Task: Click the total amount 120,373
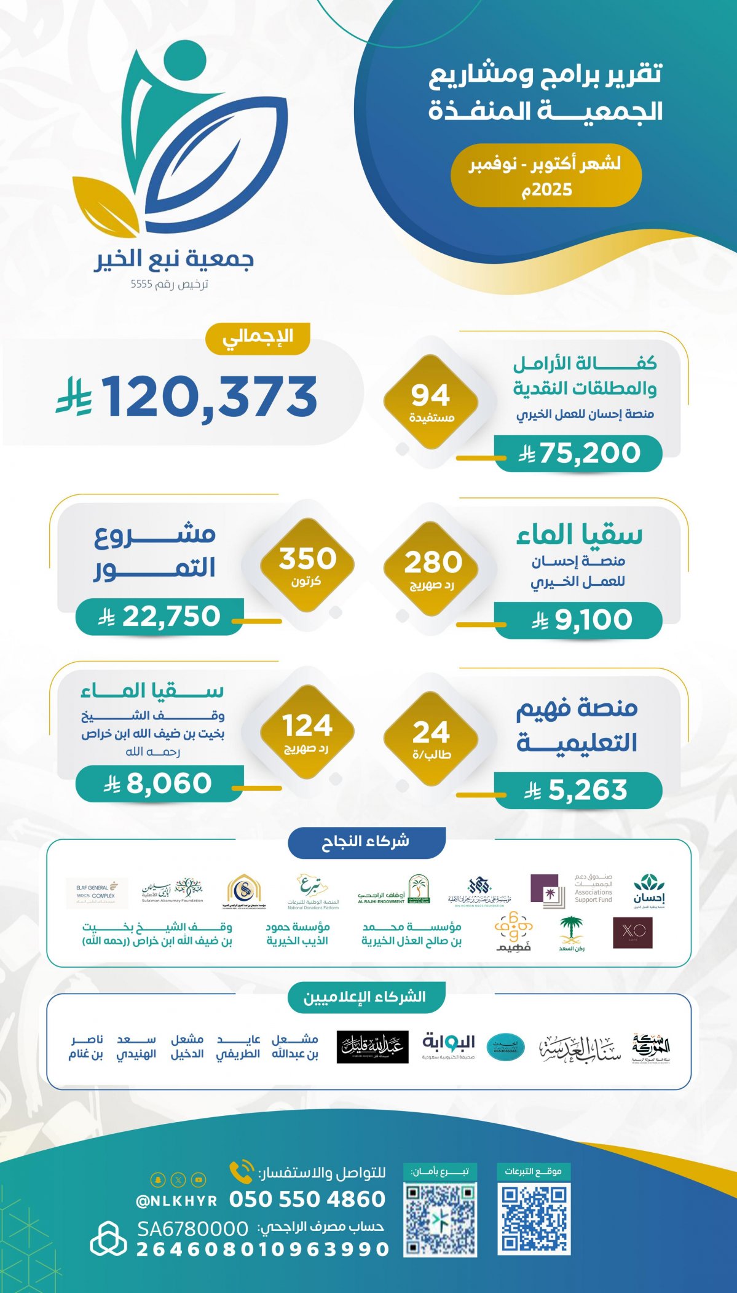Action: click(x=209, y=397)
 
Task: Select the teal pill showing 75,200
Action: click(x=578, y=454)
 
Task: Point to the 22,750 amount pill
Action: click(x=160, y=617)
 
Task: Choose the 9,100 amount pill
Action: click(x=578, y=620)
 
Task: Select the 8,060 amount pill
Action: click(x=160, y=784)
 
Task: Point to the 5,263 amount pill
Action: click(x=578, y=790)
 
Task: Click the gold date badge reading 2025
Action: click(x=546, y=176)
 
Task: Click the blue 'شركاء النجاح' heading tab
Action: click(x=366, y=842)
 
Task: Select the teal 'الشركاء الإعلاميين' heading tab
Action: click(x=366, y=997)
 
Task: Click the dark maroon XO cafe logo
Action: click(x=633, y=933)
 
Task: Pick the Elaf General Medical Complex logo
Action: click(x=97, y=893)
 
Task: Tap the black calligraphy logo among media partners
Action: click(x=372, y=1047)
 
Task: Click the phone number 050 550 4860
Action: click(x=307, y=1199)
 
